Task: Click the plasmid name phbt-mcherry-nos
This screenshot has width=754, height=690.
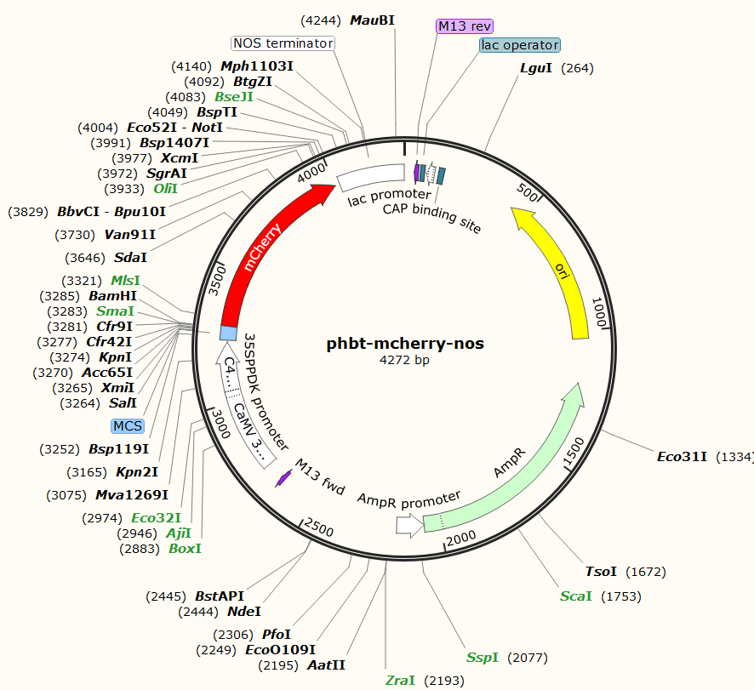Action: click(405, 344)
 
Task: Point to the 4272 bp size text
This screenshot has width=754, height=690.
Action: click(405, 361)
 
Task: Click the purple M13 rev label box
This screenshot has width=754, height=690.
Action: click(465, 26)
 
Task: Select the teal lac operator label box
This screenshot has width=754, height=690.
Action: click(519, 45)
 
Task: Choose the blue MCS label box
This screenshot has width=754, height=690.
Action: click(127, 425)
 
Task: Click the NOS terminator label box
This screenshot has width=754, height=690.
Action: click(283, 43)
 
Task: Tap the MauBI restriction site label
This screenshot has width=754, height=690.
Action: click(373, 20)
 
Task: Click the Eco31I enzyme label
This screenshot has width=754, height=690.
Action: click(683, 457)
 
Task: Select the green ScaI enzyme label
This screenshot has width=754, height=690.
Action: click(576, 596)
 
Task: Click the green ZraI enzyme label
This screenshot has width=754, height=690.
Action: click(400, 680)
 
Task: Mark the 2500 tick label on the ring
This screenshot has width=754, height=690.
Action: click(319, 528)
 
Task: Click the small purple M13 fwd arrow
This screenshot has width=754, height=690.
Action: click(283, 479)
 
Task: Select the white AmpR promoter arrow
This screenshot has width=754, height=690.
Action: click(408, 527)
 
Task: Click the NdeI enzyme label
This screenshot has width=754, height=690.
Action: click(244, 611)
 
